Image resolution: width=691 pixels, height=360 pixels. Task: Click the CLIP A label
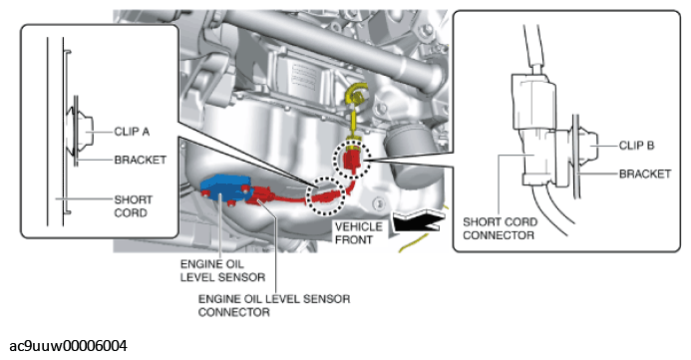[x=132, y=132]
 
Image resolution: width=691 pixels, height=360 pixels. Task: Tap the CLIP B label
[x=636, y=146]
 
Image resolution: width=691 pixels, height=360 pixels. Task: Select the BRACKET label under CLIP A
[x=141, y=160]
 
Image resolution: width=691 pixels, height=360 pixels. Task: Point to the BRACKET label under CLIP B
[x=645, y=174]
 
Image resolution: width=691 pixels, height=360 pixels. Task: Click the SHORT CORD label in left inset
[x=134, y=206]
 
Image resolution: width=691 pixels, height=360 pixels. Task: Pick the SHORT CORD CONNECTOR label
[x=500, y=228]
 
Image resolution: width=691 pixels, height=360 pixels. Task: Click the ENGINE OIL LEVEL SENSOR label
[x=222, y=270]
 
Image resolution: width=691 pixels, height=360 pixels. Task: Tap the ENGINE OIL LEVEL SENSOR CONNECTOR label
[x=274, y=305]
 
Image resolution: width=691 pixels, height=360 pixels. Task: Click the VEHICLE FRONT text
[x=358, y=233]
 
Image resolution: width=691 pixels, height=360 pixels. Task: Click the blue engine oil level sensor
[x=223, y=189]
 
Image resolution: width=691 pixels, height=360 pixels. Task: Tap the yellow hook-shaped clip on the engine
[x=355, y=95]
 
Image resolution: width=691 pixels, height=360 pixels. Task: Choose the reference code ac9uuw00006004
[x=69, y=345]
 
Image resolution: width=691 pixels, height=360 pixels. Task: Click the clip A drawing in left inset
[x=81, y=132]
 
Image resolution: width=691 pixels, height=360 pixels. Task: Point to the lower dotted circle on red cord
[x=326, y=196]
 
